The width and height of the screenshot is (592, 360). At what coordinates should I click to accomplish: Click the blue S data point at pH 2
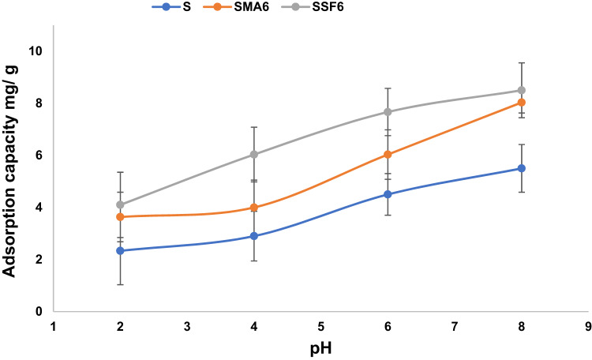tap(120, 250)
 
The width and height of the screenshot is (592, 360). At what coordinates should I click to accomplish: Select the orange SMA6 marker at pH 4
tap(253, 208)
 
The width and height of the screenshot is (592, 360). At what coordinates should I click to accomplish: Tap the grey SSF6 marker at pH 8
tap(522, 90)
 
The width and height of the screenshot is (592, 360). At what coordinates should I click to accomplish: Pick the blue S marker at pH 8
tap(522, 168)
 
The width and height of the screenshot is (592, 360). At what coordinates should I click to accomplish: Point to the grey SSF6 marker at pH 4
tap(253, 155)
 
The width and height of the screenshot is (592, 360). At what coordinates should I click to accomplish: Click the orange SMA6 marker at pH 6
tap(388, 155)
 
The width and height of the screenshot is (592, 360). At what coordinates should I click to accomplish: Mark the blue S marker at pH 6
tap(388, 194)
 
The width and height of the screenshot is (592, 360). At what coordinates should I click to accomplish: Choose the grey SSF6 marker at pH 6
tap(388, 112)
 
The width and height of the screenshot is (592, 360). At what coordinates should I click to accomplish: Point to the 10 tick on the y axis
tap(35, 51)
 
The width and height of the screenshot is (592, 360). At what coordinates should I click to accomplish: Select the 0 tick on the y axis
tap(38, 312)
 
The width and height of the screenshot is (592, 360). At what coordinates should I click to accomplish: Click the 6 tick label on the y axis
tap(38, 156)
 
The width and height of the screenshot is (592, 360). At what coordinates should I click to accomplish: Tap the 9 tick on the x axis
tap(589, 324)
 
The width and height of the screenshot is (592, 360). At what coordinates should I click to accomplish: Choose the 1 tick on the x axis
tap(53, 324)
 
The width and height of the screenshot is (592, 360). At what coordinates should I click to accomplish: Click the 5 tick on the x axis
tap(320, 324)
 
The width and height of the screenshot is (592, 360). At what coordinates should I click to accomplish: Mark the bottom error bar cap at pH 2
tap(120, 284)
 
